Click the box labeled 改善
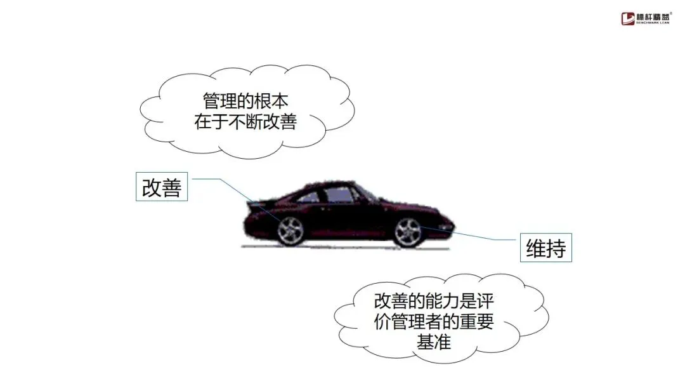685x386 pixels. point(162,187)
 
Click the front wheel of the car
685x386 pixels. point(408,232)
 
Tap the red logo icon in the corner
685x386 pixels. point(628,17)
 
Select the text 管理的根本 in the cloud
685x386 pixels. point(245,101)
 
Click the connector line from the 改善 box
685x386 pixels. point(222,180)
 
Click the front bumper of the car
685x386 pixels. point(449,227)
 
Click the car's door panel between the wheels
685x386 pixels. point(349,219)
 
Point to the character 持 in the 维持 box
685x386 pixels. point(555,249)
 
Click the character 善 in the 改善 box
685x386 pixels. point(171,187)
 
